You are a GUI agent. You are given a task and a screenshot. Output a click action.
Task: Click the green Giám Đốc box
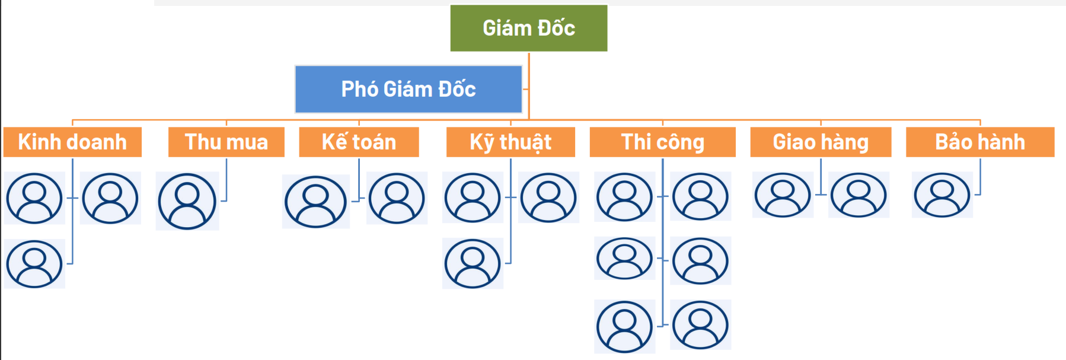click(x=528, y=28)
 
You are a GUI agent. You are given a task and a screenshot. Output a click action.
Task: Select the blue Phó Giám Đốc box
click(x=408, y=89)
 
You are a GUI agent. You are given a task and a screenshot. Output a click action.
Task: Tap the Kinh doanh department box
click(x=72, y=142)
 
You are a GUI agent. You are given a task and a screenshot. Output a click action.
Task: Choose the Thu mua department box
click(x=226, y=142)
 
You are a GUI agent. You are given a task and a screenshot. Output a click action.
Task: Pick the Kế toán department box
click(x=359, y=142)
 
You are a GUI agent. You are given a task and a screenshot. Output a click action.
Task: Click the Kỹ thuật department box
click(x=510, y=142)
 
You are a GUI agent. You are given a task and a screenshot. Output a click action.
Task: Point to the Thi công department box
click(x=662, y=142)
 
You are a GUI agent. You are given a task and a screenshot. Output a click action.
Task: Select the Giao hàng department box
click(x=821, y=142)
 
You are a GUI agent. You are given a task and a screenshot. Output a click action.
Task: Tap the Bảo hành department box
click(x=979, y=142)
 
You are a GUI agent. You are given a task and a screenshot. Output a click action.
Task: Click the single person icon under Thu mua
click(x=187, y=201)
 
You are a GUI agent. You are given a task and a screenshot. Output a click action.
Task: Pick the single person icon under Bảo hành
click(x=942, y=195)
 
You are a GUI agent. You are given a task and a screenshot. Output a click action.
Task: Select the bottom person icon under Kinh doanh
click(x=34, y=264)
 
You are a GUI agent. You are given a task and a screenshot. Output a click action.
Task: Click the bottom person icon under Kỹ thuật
click(x=473, y=263)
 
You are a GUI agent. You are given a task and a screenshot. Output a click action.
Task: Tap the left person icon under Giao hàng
click(x=783, y=195)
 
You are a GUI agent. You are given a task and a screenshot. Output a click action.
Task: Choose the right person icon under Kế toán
click(x=397, y=198)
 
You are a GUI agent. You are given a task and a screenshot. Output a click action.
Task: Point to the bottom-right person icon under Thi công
click(x=700, y=325)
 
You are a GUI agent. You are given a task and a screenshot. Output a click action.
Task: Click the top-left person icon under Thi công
click(x=624, y=197)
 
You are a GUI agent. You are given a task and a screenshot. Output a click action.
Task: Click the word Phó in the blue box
click(x=360, y=89)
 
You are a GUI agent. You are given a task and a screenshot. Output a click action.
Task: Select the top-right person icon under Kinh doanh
click(x=110, y=198)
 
